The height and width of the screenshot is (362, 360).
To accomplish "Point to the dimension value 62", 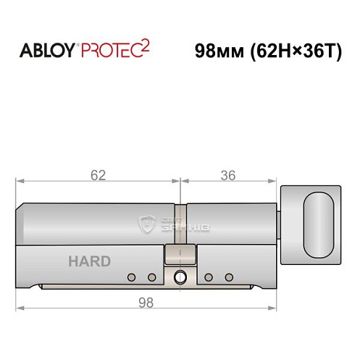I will point(99,174).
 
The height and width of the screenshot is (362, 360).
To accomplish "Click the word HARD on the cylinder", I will point(90,261).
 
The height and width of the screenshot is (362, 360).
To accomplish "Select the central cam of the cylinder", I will point(179,255).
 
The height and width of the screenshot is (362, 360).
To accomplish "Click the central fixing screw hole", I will point(179,276).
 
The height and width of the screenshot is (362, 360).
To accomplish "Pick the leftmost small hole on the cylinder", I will point(132,277).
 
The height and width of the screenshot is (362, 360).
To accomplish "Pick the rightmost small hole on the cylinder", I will point(229,277).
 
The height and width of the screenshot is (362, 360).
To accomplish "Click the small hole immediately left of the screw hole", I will point(151,277).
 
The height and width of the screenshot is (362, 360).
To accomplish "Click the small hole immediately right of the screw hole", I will point(209,277).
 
